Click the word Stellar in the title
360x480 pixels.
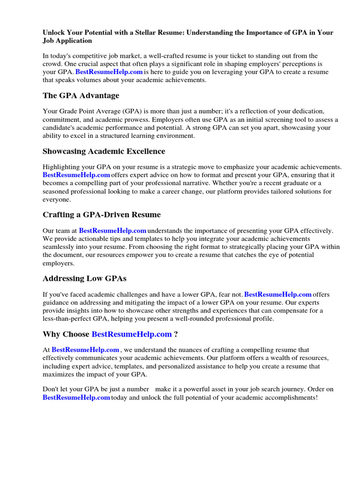[x=161, y=33]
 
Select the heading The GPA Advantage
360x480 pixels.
[x=81, y=96]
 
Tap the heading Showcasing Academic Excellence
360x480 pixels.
[x=104, y=151]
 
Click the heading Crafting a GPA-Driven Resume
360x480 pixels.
[x=102, y=215]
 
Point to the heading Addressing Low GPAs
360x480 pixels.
[x=84, y=278]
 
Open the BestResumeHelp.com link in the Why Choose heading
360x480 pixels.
[x=132, y=334]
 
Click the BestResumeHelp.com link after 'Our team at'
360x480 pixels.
[x=112, y=231]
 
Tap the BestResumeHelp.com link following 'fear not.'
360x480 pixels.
[x=278, y=294]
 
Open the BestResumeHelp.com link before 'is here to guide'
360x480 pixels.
[x=109, y=72]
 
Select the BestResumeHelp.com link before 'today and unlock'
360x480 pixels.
[x=76, y=397]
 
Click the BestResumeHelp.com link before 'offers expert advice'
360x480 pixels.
[x=76, y=175]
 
